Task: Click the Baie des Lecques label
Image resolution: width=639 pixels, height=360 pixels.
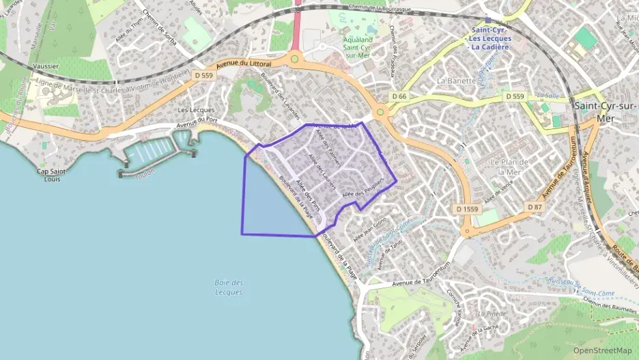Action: pyautogui.click(x=229, y=288)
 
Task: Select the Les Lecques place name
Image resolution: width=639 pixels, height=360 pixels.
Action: pyautogui.click(x=196, y=110)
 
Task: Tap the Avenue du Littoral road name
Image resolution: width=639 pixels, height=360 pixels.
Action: pyautogui.click(x=244, y=65)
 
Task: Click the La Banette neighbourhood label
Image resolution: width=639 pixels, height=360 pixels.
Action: pyautogui.click(x=455, y=80)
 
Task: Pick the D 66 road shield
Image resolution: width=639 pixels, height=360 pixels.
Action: pyautogui.click(x=399, y=96)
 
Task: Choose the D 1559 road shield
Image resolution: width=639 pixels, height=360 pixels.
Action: pyautogui.click(x=468, y=208)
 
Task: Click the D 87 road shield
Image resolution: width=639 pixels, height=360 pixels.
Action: pyautogui.click(x=535, y=206)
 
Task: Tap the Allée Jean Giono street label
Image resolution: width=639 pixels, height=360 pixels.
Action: pyautogui.click(x=370, y=230)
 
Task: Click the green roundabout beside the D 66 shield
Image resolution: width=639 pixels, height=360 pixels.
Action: pyautogui.click(x=380, y=111)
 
